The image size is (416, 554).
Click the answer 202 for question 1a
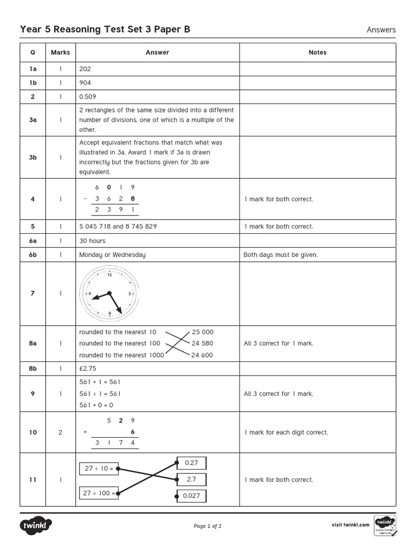pos(85,69)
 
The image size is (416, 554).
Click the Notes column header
pos(317,52)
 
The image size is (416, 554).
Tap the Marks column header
pos(61,52)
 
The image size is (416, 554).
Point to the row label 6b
pos(33,255)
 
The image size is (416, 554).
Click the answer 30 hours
pos(93,241)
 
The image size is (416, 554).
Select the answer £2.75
pos(88,368)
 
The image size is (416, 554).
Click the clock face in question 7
pos(108,294)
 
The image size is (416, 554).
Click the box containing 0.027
pos(191,496)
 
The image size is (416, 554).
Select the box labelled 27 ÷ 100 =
pos(99,493)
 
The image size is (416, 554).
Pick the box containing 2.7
pos(191,479)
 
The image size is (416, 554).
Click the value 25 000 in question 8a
pos(203,332)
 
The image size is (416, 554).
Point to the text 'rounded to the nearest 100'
pos(120,344)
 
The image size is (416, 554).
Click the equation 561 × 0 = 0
pos(96,405)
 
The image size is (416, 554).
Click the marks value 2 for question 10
pos(61,432)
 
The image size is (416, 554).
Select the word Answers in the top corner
pos(381,30)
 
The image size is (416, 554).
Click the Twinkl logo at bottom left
pos(36,525)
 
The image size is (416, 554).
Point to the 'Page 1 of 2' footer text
pos(207,526)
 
